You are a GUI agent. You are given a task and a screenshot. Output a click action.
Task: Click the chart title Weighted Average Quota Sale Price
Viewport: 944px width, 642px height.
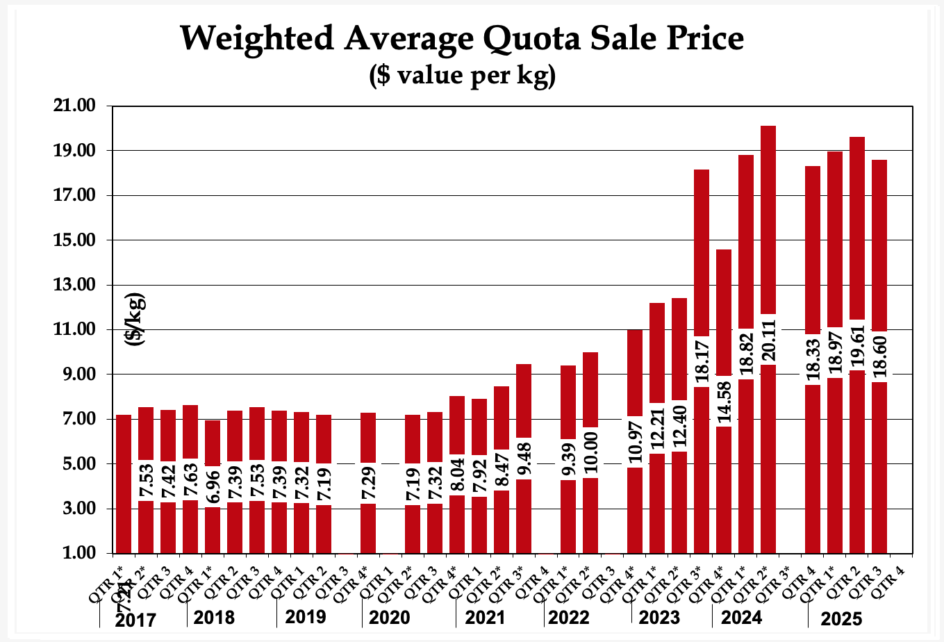(x=462, y=38)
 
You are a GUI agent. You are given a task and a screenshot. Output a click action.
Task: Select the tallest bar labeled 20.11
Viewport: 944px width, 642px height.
(x=768, y=222)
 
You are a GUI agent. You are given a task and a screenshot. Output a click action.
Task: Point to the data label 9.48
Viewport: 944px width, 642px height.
(x=524, y=459)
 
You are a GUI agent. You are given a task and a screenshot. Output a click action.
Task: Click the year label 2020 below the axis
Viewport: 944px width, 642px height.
(x=390, y=618)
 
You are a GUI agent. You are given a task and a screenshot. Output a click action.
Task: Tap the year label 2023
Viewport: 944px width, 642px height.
(x=659, y=618)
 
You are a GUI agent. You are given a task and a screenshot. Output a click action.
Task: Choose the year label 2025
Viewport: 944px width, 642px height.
(x=842, y=618)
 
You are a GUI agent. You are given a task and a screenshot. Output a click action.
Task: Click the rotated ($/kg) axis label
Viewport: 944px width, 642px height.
(x=135, y=319)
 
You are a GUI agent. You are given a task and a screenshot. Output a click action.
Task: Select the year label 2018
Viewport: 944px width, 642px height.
(x=214, y=617)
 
